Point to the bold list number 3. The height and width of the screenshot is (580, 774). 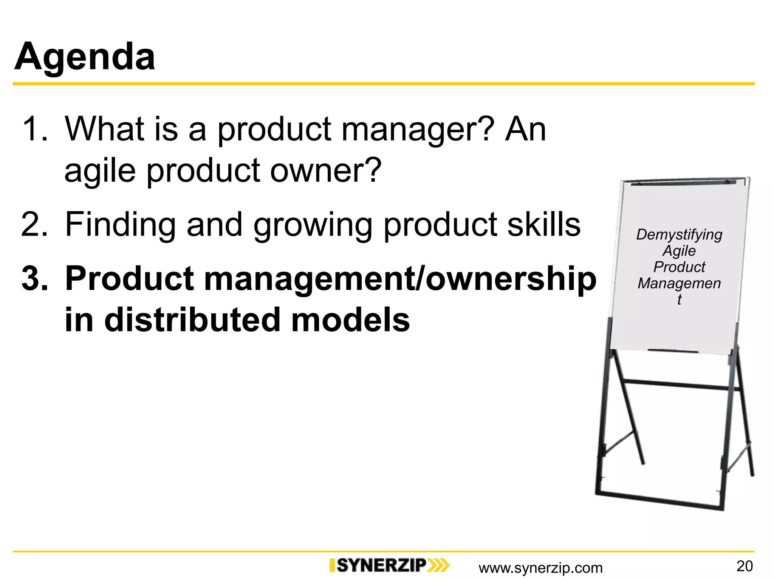pos(35,279)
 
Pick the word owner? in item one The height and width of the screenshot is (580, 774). pos(325,171)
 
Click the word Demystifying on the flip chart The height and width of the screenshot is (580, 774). pos(679,235)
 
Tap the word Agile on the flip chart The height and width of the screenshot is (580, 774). pos(679,251)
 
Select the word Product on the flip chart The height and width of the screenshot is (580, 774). pos(679,267)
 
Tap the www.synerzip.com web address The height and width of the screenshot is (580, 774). pos(540,568)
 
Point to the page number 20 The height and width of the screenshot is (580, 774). pos(745,566)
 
